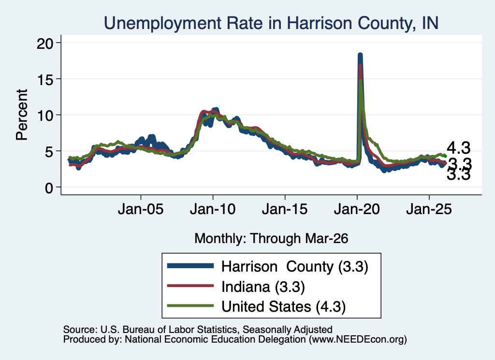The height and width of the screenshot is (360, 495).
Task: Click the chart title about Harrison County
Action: [x=271, y=23]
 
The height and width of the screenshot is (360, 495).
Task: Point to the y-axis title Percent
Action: [x=22, y=115]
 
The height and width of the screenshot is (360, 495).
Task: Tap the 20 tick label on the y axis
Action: [x=45, y=43]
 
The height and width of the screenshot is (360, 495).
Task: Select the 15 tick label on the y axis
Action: [x=45, y=79]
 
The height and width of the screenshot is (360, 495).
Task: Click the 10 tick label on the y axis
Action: [x=45, y=115]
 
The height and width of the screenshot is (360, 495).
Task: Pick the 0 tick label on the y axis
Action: [x=49, y=188]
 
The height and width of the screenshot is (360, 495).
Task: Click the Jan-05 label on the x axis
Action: [x=141, y=209]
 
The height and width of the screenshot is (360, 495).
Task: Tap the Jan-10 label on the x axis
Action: [x=213, y=209]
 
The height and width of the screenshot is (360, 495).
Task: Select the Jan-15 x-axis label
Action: [x=285, y=209]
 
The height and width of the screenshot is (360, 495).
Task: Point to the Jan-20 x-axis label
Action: [x=357, y=209]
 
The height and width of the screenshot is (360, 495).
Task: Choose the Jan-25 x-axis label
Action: [x=429, y=209]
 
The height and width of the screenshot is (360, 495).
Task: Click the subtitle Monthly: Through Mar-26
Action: [x=271, y=239]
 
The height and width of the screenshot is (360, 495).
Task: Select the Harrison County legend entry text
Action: [x=295, y=267]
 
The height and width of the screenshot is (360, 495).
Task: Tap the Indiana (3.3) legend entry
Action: [x=263, y=287]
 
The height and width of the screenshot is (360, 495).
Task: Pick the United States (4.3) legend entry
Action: [x=283, y=306]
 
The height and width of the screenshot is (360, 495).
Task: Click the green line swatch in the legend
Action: [x=190, y=306]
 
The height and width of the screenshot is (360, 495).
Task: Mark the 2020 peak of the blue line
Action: [x=360, y=55]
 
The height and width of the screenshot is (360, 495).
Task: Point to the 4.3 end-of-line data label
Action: [x=459, y=148]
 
